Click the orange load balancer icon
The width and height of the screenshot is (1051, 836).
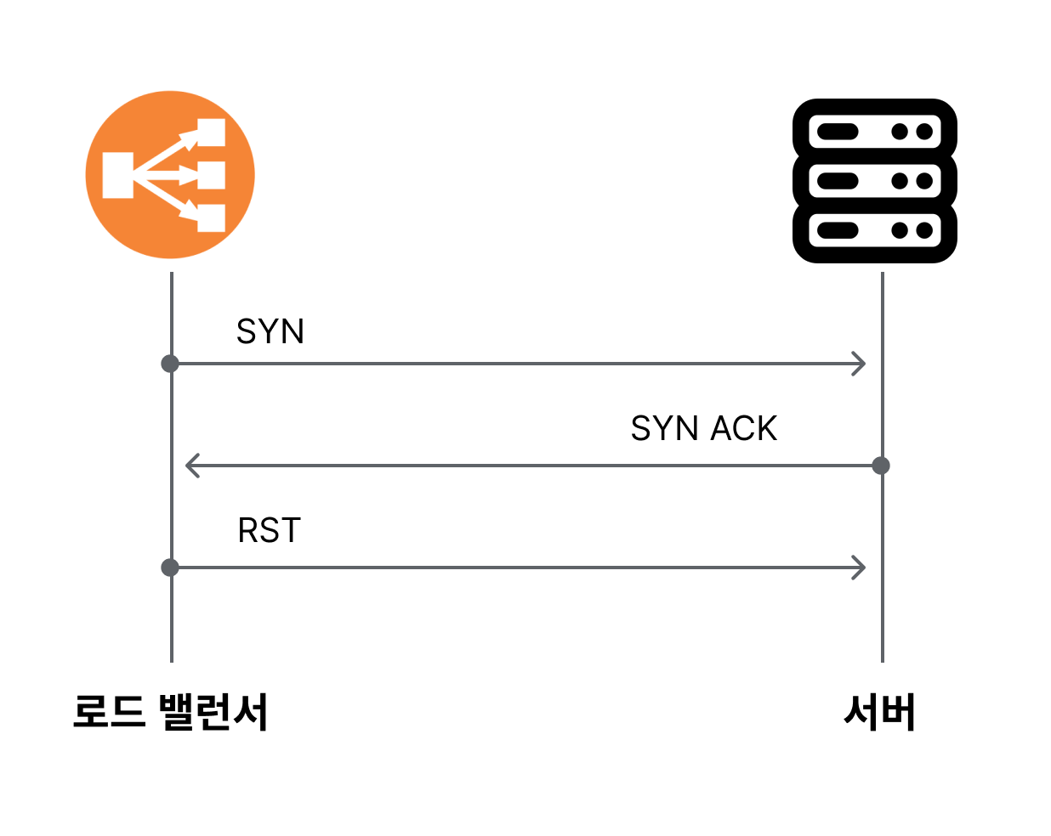[x=170, y=175]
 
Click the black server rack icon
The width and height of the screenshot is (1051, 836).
[x=874, y=181]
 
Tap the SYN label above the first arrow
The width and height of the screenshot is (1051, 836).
[x=270, y=331]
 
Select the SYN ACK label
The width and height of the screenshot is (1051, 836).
[x=704, y=428]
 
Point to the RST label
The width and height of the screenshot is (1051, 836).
[x=269, y=530]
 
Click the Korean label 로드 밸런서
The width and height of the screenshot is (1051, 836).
[x=170, y=712]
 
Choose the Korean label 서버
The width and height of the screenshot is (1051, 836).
[x=879, y=712]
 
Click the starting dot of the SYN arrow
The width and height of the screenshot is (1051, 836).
[x=170, y=364]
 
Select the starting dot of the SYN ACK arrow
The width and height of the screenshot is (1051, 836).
[x=881, y=466]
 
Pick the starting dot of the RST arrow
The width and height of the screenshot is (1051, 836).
[x=170, y=568]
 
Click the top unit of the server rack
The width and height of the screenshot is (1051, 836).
[x=874, y=132]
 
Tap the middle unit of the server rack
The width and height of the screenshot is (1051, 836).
[x=874, y=181]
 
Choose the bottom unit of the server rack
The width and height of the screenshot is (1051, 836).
[x=874, y=230]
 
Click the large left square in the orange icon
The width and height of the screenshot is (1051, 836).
[x=117, y=175]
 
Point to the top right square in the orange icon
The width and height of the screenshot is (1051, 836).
[x=211, y=133]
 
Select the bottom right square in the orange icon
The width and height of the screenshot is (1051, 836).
[x=211, y=218]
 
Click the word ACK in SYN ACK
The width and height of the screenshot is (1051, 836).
[x=743, y=428]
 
